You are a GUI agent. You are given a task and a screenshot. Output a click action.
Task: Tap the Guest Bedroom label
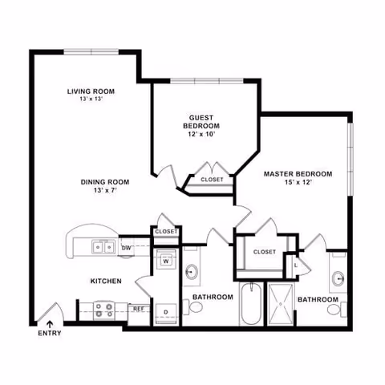(x=201, y=121)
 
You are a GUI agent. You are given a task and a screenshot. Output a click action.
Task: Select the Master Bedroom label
(x=298, y=173)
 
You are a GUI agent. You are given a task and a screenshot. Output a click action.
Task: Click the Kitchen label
(x=105, y=281)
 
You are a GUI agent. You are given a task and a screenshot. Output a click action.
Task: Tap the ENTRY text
(x=49, y=333)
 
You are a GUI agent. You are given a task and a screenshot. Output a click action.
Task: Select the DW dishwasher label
(x=126, y=248)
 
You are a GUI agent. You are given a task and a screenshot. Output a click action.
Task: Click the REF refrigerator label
(x=138, y=308)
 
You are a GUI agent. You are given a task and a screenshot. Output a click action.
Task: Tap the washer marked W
(x=166, y=261)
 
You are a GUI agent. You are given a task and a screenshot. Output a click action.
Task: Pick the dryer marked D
(x=166, y=310)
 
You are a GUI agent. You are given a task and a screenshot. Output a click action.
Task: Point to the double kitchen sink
(x=102, y=247)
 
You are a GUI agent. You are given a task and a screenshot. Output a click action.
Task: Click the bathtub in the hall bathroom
(x=251, y=304)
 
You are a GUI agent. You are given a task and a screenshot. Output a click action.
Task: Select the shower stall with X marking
(x=281, y=304)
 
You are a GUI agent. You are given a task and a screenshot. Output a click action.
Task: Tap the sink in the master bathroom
(x=338, y=278)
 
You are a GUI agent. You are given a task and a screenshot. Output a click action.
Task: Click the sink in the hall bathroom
(x=192, y=270)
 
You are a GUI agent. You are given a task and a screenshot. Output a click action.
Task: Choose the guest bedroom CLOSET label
(x=212, y=179)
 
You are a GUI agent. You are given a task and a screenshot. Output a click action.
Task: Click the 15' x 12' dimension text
(x=298, y=183)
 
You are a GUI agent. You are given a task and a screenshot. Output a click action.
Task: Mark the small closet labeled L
(x=296, y=265)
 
